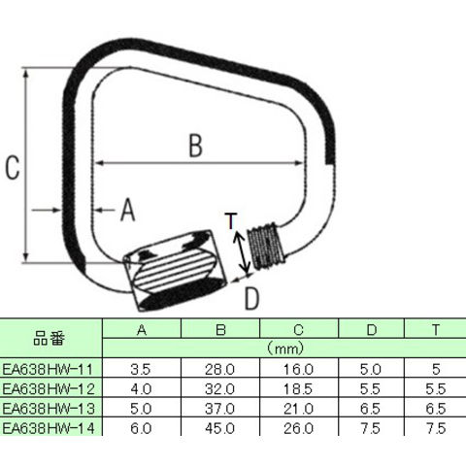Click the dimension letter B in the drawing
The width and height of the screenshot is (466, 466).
[x=196, y=146]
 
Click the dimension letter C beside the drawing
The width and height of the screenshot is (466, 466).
[x=13, y=167]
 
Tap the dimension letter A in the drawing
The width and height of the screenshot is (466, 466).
[x=128, y=210]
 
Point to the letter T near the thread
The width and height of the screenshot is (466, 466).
[x=231, y=220]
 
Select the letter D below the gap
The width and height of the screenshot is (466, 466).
[x=251, y=299]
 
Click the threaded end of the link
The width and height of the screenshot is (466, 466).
[x=266, y=246]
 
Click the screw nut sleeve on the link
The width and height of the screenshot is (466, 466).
[x=175, y=271]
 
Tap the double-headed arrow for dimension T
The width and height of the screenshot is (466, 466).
[x=242, y=252]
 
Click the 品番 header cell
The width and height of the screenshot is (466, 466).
[x=50, y=339]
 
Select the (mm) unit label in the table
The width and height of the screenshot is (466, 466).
[x=285, y=349]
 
